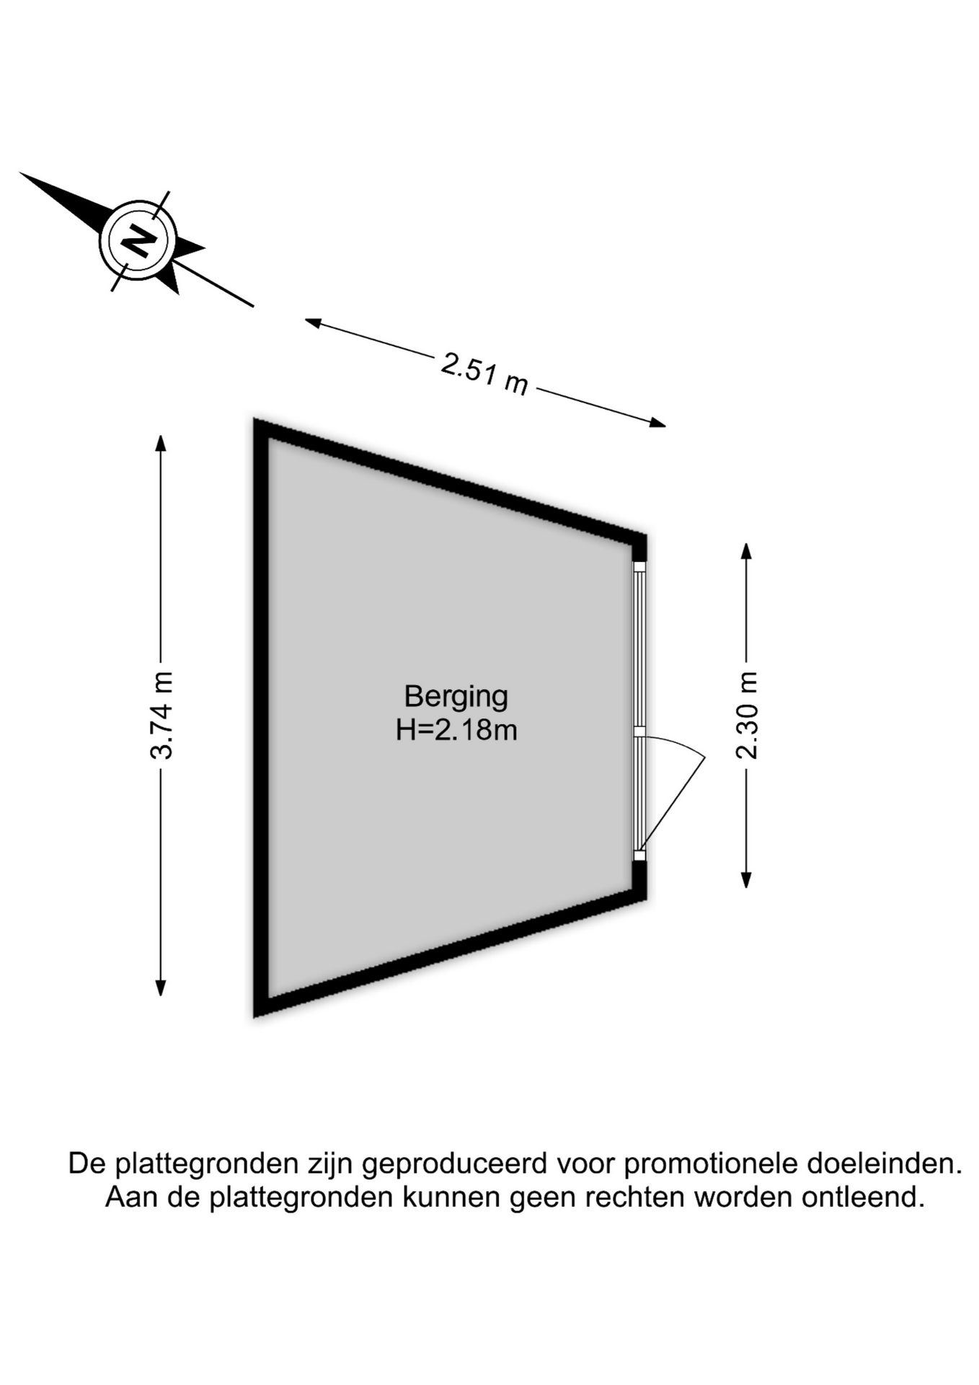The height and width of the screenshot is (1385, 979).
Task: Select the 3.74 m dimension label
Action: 161,715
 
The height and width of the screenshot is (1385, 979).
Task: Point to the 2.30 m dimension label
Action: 747,715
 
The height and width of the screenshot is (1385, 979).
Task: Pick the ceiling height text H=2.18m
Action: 456,731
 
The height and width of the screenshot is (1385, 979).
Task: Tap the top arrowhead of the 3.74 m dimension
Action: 161,441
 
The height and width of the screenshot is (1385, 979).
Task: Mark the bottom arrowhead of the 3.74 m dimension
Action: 161,988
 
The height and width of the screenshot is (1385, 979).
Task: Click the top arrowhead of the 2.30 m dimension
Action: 746,551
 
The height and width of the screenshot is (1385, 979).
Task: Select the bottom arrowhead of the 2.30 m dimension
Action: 746,879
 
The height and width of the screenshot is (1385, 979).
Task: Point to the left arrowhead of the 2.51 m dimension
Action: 312,322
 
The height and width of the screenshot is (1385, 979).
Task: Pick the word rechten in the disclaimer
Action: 634,1197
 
